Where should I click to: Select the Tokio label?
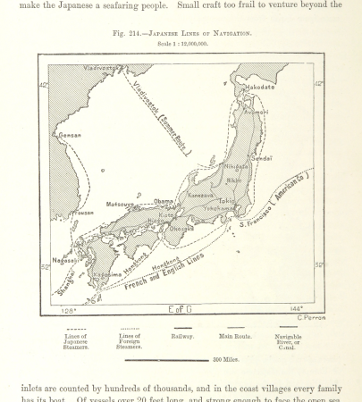tap(227, 201)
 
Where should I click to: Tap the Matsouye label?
tap(121, 204)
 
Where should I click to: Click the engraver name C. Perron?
tap(310, 317)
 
